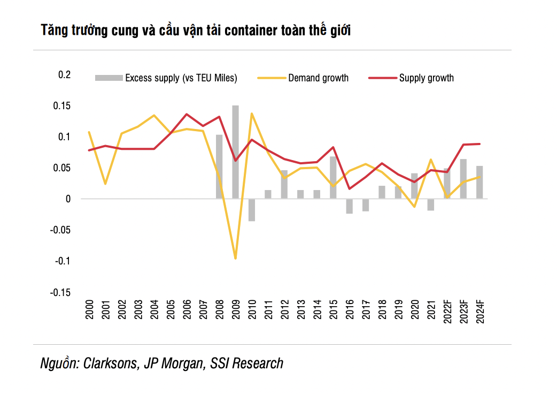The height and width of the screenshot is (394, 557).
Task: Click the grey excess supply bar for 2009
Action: [235, 152]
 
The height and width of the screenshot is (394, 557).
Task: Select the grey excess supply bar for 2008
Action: [219, 166]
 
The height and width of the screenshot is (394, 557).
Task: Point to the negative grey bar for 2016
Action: [349, 206]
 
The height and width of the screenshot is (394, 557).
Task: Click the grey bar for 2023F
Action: [463, 179]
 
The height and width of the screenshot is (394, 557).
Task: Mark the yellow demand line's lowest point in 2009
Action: [235, 259]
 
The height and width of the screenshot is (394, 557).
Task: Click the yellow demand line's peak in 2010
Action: [251, 113]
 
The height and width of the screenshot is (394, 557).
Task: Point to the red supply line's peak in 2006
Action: [186, 114]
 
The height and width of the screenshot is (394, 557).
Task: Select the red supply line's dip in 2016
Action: [349, 188]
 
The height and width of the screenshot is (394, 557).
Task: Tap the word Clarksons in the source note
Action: [110, 363]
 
